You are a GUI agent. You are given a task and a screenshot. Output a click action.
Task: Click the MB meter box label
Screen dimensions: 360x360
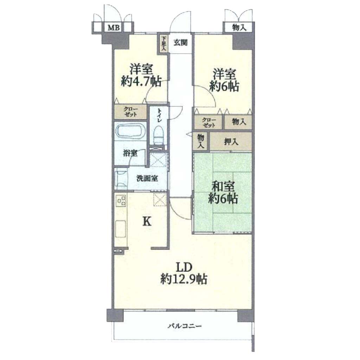[114, 28]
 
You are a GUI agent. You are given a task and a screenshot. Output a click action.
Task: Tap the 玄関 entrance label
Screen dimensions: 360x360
[180, 43]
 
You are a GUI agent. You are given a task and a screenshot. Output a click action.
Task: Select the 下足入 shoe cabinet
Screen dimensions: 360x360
[163, 43]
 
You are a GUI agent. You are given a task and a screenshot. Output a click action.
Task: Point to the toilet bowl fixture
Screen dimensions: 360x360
[158, 135]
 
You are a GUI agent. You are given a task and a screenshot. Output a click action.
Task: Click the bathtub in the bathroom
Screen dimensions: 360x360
[130, 131]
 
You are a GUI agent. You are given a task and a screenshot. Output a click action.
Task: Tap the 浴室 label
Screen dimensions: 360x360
[130, 153]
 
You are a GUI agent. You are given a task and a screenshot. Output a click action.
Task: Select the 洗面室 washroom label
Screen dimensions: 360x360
[147, 178]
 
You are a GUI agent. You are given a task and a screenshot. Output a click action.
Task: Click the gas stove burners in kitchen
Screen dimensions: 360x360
[121, 200]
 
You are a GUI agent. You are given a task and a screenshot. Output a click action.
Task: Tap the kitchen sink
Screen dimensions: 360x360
[121, 229]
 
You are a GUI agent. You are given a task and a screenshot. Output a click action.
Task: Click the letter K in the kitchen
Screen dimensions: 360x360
[147, 222]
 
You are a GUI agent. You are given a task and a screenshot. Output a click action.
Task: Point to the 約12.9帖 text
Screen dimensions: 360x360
[184, 279]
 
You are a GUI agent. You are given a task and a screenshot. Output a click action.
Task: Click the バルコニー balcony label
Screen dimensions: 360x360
[185, 326]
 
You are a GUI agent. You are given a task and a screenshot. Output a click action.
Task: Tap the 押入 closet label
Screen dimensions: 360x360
[231, 142]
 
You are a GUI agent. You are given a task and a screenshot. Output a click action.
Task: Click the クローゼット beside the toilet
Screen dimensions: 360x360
[131, 111]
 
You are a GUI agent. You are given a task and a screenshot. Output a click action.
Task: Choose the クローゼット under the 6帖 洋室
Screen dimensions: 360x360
[209, 122]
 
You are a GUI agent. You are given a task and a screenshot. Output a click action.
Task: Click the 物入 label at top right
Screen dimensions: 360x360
[239, 28]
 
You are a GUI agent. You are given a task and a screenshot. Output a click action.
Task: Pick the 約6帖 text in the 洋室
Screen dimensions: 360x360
[224, 86]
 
